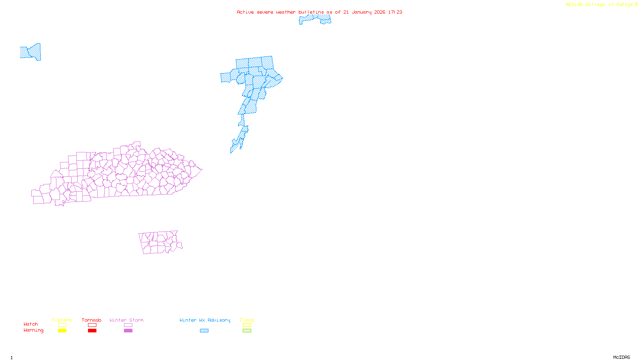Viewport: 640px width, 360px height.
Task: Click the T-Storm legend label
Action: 62,320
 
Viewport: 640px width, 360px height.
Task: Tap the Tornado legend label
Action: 92,320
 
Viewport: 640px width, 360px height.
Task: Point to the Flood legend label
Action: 247,320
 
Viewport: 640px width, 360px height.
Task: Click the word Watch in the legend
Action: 31,324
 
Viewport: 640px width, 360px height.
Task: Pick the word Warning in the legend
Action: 33,330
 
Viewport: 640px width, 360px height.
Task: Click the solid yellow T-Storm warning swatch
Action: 62,331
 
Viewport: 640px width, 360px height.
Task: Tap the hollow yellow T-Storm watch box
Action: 62,325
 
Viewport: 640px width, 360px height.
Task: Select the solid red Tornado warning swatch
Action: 92,331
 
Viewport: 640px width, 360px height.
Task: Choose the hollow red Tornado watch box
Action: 92,325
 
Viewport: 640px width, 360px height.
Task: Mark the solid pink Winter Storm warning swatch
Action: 128,331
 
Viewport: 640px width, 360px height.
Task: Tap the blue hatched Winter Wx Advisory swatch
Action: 204,331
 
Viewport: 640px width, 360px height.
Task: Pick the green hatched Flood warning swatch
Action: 247,331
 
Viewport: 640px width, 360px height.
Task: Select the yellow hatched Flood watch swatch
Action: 247,325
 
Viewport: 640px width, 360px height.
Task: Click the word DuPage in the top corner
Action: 624,5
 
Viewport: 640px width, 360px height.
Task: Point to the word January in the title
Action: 362,12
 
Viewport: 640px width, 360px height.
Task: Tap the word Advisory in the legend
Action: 219,320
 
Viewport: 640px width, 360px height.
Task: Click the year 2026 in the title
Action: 380,12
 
